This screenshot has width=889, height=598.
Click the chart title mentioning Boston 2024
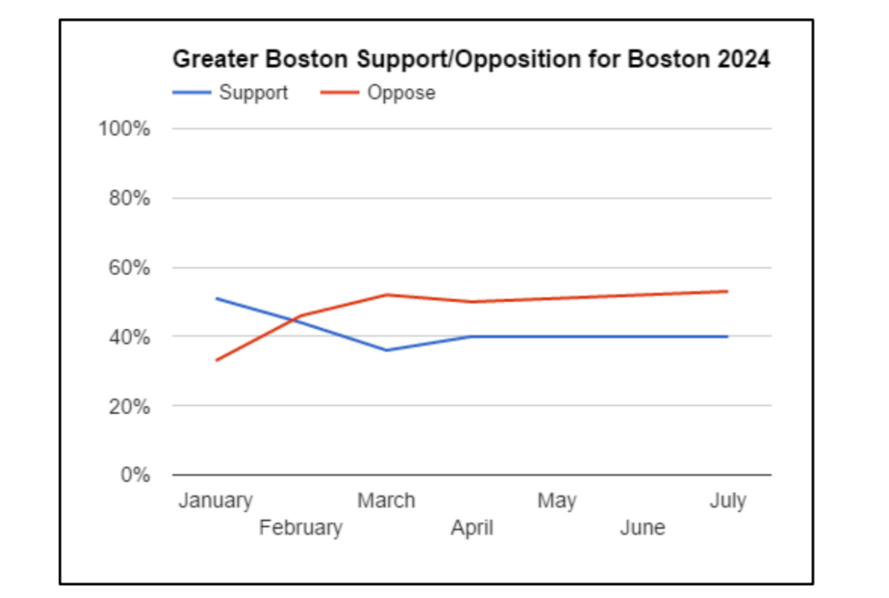pyautogui.click(x=471, y=59)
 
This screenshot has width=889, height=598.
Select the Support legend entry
pyautogui.click(x=253, y=93)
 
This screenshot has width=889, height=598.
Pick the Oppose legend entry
pyautogui.click(x=401, y=93)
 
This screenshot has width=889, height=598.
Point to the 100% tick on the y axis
pyautogui.click(x=124, y=128)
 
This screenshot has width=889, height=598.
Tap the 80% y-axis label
pyautogui.click(x=129, y=198)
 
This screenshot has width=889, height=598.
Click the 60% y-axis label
pyautogui.click(x=129, y=268)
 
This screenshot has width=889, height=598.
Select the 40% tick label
pyautogui.click(x=129, y=337)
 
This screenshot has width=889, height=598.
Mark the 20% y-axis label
pyautogui.click(x=129, y=406)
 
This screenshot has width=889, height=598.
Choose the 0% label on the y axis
pyautogui.click(x=135, y=475)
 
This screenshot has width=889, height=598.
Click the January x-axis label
pyautogui.click(x=216, y=501)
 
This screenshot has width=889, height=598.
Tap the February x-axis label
pyautogui.click(x=301, y=528)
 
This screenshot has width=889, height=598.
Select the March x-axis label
pyautogui.click(x=386, y=501)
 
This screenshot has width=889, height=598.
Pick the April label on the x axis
pyautogui.click(x=472, y=528)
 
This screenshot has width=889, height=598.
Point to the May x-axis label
pyautogui.click(x=557, y=501)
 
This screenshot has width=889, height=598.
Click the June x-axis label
pyautogui.click(x=643, y=528)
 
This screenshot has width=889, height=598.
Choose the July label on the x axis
pyautogui.click(x=728, y=501)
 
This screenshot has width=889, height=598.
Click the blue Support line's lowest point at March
pyautogui.click(x=386, y=350)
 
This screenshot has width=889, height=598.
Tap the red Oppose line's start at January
pyautogui.click(x=216, y=360)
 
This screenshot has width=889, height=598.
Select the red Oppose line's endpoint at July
pyautogui.click(x=727, y=291)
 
